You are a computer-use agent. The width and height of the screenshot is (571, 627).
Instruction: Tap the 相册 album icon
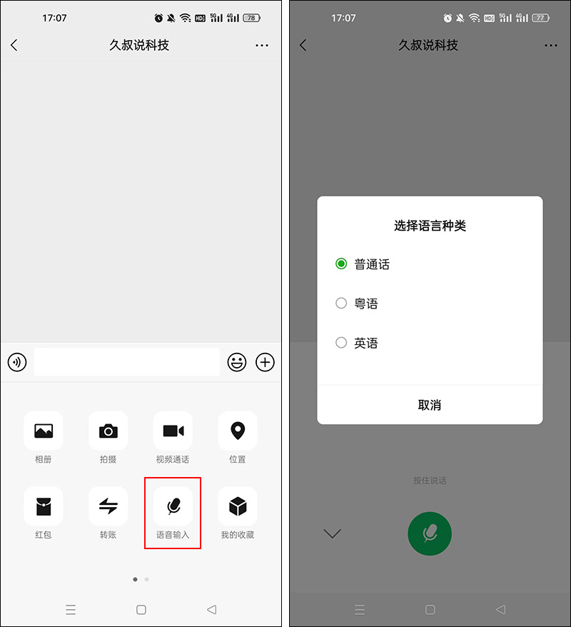click(x=44, y=431)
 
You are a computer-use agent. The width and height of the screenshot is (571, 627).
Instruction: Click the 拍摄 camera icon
click(x=108, y=431)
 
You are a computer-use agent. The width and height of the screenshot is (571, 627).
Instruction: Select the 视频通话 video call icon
click(x=173, y=431)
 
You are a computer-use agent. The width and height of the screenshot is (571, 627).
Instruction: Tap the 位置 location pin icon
click(x=238, y=431)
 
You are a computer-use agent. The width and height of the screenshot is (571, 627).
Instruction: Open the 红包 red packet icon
click(x=44, y=506)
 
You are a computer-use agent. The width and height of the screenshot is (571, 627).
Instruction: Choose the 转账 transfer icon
click(x=108, y=506)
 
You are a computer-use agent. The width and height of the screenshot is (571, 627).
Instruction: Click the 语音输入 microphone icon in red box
click(x=173, y=506)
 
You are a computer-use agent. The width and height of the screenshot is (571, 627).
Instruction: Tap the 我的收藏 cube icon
click(x=238, y=506)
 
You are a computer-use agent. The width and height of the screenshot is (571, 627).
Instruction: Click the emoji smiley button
click(x=237, y=362)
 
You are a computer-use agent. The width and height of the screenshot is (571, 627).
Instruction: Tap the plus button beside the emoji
click(x=266, y=362)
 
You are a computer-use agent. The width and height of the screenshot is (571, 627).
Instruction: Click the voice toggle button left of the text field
click(x=17, y=362)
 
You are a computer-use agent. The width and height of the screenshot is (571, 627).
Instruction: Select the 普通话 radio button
click(x=341, y=264)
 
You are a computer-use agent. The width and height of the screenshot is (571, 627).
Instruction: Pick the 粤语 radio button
click(x=341, y=304)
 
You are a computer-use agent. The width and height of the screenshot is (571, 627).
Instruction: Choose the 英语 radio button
click(x=341, y=343)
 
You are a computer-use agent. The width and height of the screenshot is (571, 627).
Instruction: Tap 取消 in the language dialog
click(x=430, y=405)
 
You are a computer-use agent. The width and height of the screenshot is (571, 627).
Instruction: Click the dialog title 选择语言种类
click(x=430, y=226)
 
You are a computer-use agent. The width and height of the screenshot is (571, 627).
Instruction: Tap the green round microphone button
click(x=430, y=533)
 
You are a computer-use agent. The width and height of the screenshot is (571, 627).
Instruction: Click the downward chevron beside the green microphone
click(x=333, y=533)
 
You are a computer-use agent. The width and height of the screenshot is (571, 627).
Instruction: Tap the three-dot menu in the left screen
click(x=262, y=45)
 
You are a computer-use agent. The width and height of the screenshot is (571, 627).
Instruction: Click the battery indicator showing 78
click(x=251, y=18)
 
